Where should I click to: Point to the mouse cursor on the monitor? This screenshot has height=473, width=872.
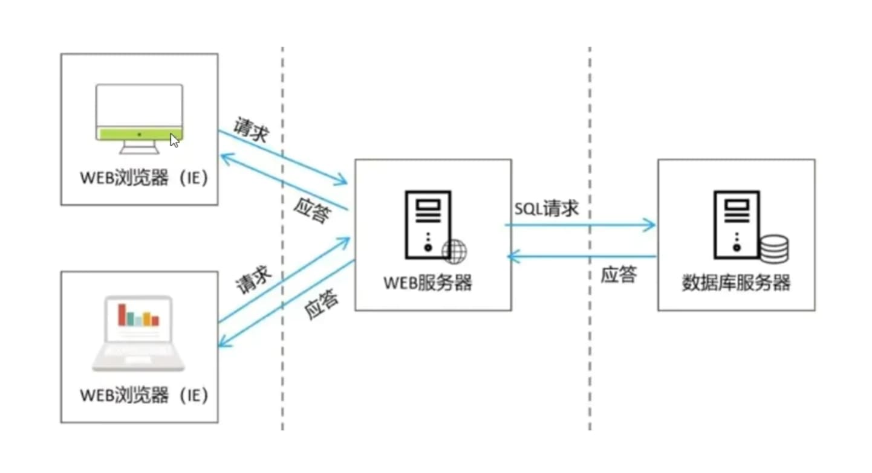(x=174, y=140)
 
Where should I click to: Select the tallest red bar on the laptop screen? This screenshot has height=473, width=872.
(x=122, y=315)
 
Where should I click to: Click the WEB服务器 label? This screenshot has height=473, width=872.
(x=428, y=283)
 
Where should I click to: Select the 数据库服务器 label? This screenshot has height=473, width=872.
(x=736, y=283)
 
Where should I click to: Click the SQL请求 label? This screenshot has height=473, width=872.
(x=547, y=209)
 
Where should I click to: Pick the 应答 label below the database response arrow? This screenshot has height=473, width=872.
(x=619, y=275)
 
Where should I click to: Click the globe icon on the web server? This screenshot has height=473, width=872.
(x=455, y=251)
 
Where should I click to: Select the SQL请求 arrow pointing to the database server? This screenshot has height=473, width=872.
(x=581, y=225)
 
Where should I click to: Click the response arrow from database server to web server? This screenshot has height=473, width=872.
(x=581, y=257)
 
